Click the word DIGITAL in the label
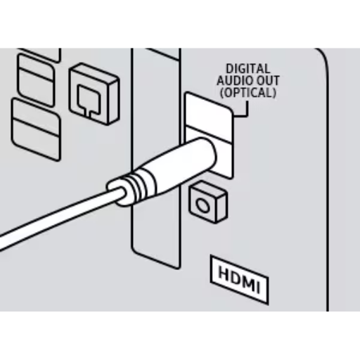tap(248, 69)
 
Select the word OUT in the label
tap(267, 81)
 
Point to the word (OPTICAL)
tap(248, 93)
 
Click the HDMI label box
tap(239, 279)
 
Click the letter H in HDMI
tap(224, 273)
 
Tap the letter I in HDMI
tap(257, 287)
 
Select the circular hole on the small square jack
tap(202, 205)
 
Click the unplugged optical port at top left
tap(94, 94)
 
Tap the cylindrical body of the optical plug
tap(178, 164)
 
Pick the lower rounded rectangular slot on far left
tap(36, 129)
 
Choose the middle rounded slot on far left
tap(36, 80)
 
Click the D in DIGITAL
tap(229, 69)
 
